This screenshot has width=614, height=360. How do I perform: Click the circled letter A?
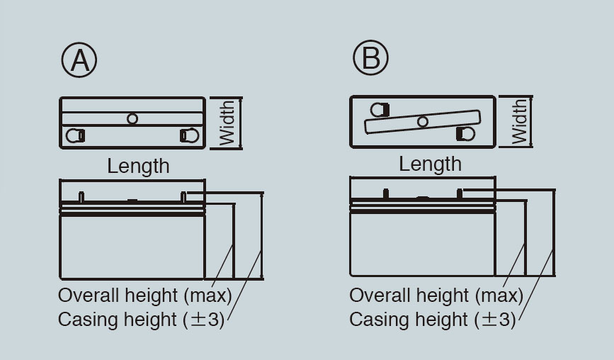79,60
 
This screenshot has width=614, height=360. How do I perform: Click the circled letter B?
370,57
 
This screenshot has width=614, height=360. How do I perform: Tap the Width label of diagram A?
227,123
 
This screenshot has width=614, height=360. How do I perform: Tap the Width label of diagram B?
519,121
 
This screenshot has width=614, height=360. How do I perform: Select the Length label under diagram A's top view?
138,166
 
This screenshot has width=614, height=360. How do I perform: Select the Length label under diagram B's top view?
430,164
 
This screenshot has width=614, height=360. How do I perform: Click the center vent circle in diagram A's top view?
132,118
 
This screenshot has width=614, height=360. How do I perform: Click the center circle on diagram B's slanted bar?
423,122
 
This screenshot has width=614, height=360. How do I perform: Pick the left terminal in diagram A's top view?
75,135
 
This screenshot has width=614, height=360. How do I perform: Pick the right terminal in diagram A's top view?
190,135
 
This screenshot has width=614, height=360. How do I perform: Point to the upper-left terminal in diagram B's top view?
380,110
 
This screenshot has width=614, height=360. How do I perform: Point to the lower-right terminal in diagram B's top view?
465,133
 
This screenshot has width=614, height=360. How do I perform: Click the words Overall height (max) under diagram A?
145,296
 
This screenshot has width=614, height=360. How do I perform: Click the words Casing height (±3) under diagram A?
141,320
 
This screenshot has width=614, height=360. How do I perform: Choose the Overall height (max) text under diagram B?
436,296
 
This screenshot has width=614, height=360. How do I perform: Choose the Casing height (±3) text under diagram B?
432,320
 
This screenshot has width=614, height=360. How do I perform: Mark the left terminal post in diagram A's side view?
81,197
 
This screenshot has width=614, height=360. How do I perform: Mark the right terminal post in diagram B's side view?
460,194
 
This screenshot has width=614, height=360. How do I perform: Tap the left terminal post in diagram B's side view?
386,194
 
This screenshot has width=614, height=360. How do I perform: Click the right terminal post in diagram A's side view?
183,197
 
